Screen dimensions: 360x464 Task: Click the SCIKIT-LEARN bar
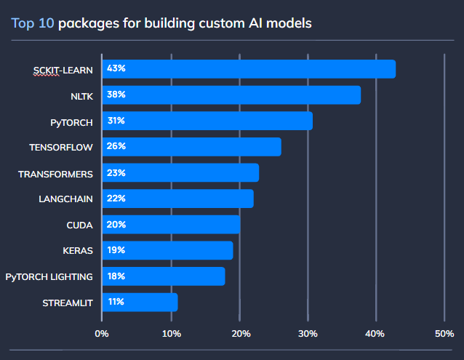249,69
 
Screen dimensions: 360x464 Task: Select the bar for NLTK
231,95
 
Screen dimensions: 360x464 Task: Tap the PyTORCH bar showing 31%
207,121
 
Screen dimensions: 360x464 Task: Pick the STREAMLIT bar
140,303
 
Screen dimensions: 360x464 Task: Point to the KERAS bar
167,250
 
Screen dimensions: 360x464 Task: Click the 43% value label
116,68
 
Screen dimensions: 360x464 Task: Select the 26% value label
116,146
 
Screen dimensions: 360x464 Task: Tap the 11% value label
116,302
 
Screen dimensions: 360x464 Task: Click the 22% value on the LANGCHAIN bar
116,199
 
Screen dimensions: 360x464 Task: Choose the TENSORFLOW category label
61,147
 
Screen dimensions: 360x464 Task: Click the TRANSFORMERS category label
56,175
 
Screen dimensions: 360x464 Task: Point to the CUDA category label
79,225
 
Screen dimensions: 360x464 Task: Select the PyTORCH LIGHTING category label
49,276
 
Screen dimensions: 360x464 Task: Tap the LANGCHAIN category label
65,199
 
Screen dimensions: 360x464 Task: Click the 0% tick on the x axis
102,333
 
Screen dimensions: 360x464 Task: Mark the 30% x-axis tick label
308,333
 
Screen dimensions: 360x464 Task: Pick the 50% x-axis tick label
444,333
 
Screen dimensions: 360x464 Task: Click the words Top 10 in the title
33,23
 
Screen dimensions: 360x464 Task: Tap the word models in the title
289,23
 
